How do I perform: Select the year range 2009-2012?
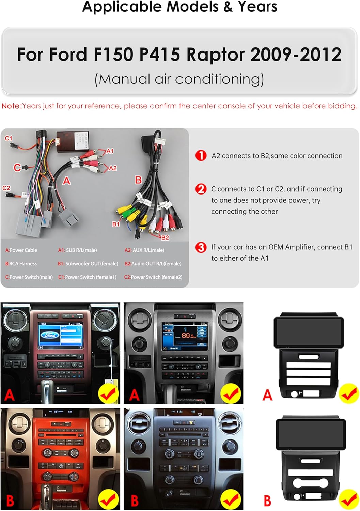coord(296,55)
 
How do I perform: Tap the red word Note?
coord(11,106)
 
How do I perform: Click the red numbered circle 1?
coord(201,156)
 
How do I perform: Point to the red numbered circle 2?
coord(201,189)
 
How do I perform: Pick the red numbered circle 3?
coord(201,247)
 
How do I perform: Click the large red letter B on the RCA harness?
coord(138,180)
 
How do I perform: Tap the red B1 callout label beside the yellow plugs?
coord(116,224)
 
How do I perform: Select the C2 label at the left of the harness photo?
coord(6,188)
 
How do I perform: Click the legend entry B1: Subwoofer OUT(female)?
coord(88,264)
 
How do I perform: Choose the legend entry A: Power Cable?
coord(21,250)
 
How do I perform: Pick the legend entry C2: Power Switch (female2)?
coord(153,277)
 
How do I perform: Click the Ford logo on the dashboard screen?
coord(50,335)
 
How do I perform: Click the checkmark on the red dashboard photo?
coord(108,499)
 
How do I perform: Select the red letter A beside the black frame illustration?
coord(268,395)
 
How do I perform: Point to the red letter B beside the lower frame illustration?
coord(268,501)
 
